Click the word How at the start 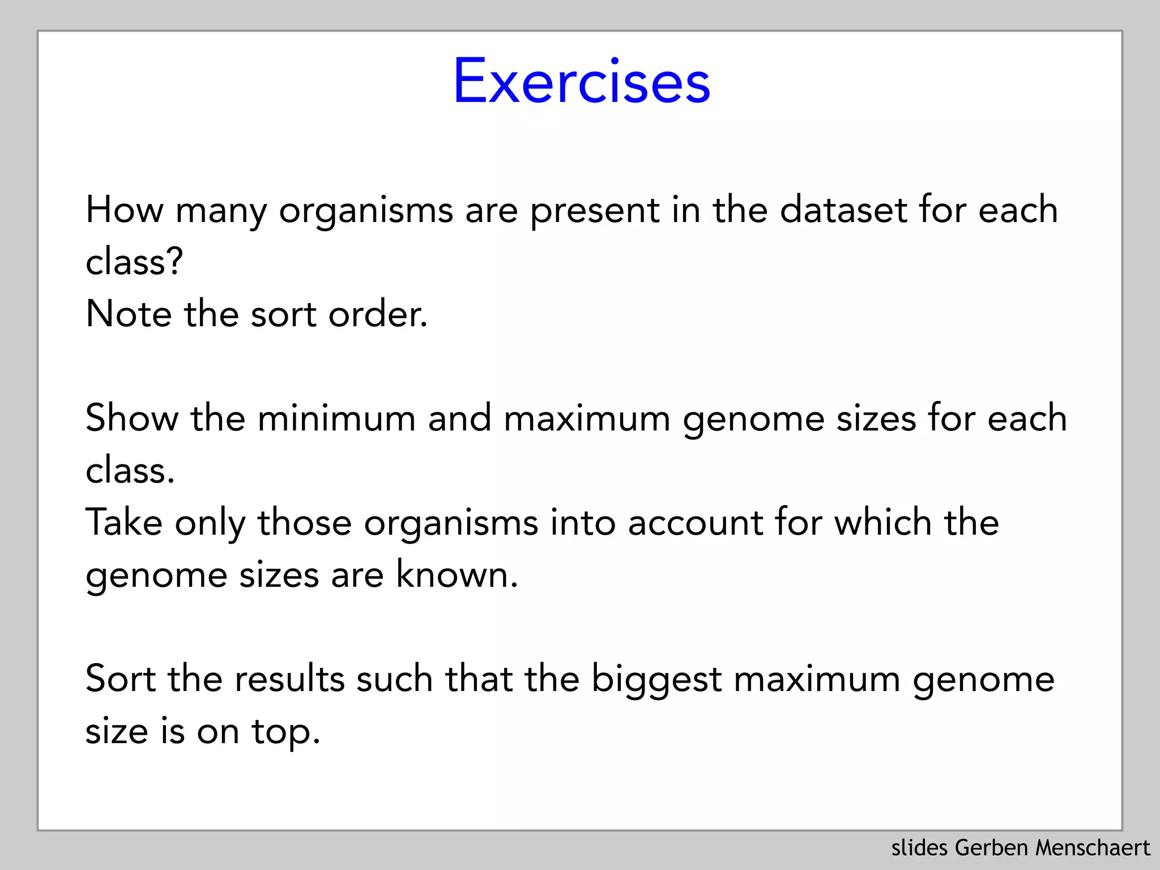(125, 210)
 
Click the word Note (129, 314)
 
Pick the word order (377, 314)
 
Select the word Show (131, 418)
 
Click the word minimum (336, 418)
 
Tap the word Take (124, 522)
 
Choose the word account (695, 522)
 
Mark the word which (883, 522)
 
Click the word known (456, 574)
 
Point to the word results (289, 679)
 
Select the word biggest (657, 680)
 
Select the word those (305, 522)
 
